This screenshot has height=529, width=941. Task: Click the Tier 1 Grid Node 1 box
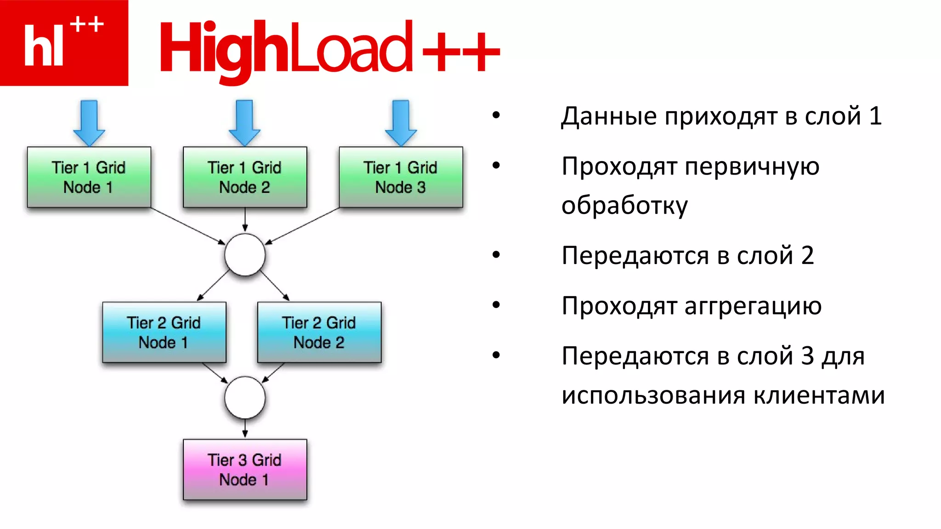click(x=89, y=177)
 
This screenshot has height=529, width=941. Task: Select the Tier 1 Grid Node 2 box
click(x=244, y=177)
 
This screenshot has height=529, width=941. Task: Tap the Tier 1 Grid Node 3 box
click(x=401, y=177)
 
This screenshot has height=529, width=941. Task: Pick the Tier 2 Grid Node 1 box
click(x=164, y=332)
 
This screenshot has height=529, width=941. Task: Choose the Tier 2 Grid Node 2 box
click(x=319, y=332)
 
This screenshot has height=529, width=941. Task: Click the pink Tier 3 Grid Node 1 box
click(x=244, y=469)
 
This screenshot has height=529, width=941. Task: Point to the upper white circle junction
click(x=244, y=255)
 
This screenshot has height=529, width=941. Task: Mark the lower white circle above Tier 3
click(x=244, y=398)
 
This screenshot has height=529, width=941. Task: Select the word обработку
click(x=624, y=205)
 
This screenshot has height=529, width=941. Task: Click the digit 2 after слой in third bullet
click(x=807, y=255)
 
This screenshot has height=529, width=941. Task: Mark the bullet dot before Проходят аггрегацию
click(x=496, y=305)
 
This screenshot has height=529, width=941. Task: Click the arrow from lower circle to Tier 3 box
click(x=245, y=428)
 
